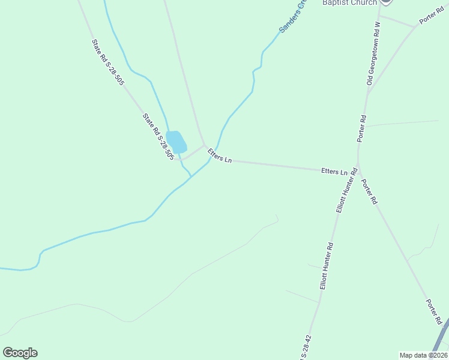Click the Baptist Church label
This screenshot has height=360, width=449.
coord(350,3)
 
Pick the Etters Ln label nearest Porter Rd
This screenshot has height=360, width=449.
coord(334,172)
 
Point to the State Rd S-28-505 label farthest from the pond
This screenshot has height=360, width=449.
coord(107,62)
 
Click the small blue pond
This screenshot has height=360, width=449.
coord(176,142)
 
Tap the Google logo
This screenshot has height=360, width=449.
coord(20,353)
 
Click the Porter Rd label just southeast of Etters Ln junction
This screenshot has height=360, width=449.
coord(368,192)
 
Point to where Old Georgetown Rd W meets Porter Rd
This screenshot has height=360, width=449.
coord(367,95)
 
